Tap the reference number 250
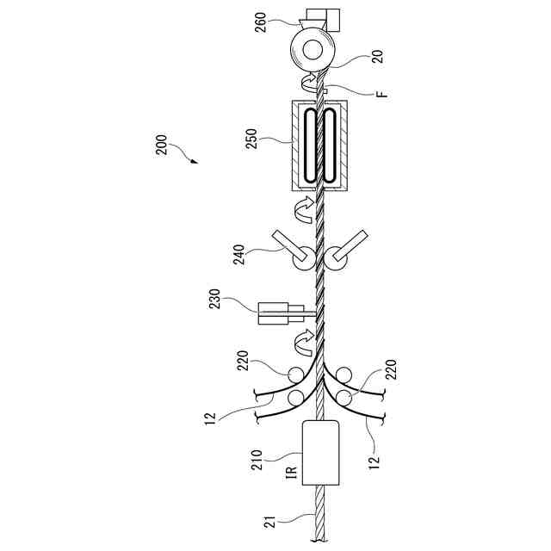point(251,139)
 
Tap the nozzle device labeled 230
point(280,313)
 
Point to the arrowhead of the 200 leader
point(195,161)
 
